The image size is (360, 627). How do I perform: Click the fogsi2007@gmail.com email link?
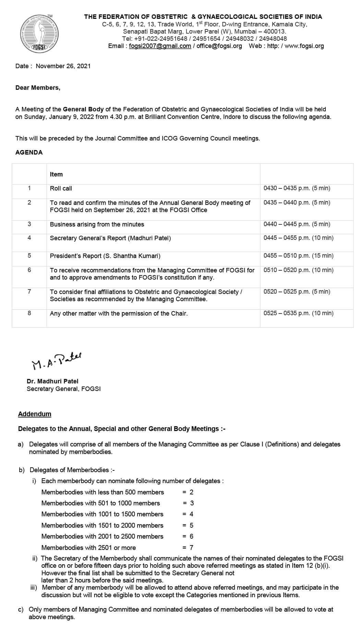[x=160, y=46]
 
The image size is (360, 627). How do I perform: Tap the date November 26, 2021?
[x=63, y=66]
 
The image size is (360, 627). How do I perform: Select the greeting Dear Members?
[x=38, y=88]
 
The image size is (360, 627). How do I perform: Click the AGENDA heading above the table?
[x=29, y=152]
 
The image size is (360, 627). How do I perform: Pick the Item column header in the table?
[x=56, y=174]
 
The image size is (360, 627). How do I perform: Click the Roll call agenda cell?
[x=61, y=188]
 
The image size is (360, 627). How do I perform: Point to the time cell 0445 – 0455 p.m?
[x=298, y=238]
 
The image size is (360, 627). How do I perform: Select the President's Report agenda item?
[x=105, y=256]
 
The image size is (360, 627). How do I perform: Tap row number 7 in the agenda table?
[x=29, y=292]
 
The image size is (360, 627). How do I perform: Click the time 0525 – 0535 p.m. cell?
[x=298, y=313]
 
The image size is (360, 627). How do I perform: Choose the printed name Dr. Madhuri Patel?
[x=52, y=381]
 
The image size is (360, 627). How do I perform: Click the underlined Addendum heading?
[x=35, y=414]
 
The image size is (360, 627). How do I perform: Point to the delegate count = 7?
[x=188, y=548]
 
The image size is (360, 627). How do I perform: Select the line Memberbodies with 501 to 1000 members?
[x=100, y=503]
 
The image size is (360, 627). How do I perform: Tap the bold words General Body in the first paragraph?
[x=83, y=109]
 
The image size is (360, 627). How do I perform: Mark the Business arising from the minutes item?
[x=97, y=224]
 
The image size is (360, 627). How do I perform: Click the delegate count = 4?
[x=188, y=514]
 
